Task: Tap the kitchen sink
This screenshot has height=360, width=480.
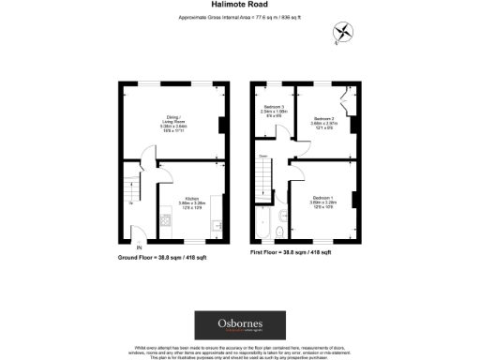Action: [217, 225]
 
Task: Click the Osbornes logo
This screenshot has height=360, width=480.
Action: [240, 324]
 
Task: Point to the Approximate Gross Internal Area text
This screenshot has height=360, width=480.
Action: [240, 18]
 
